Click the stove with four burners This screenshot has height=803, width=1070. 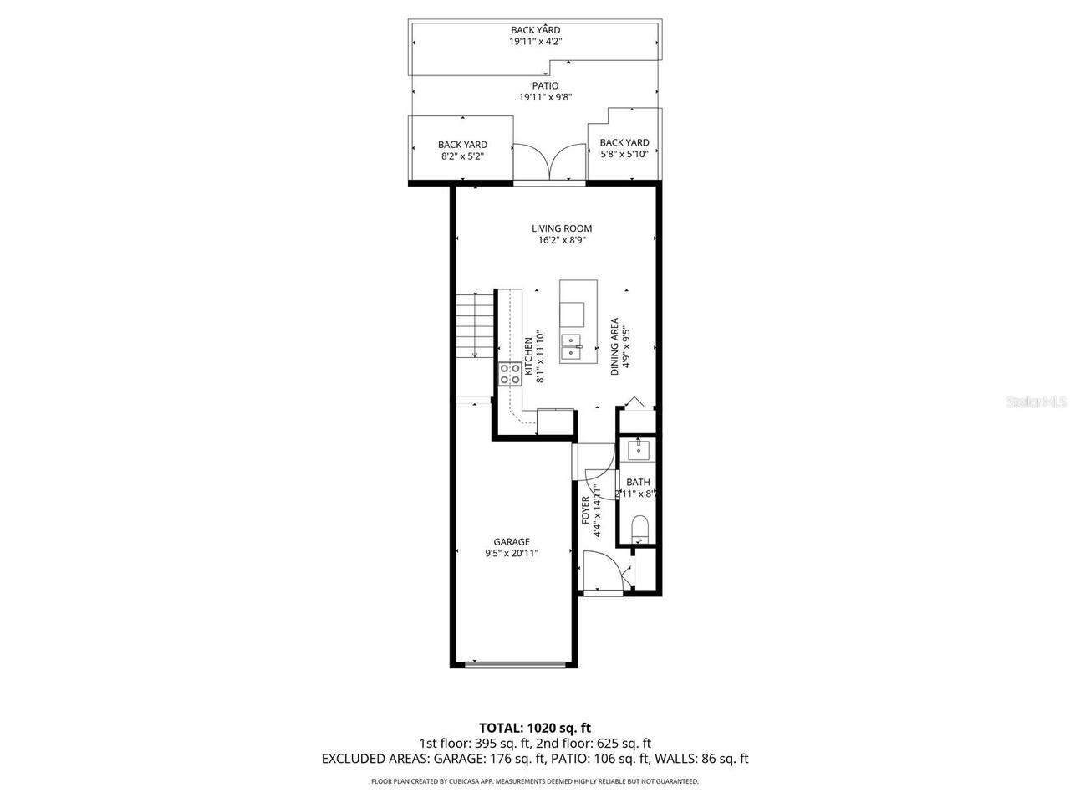pyautogui.click(x=510, y=373)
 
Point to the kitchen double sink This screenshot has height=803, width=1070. pyautogui.click(x=573, y=345)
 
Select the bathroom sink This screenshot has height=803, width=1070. pyautogui.click(x=639, y=450)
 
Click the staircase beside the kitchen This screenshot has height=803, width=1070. pyautogui.click(x=474, y=326)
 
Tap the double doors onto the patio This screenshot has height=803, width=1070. pyautogui.click(x=549, y=161)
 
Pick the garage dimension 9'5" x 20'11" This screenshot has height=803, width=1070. pyautogui.click(x=512, y=553)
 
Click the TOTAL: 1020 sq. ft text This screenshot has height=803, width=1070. pyautogui.click(x=534, y=728)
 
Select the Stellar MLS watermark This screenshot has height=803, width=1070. pyautogui.click(x=1036, y=402)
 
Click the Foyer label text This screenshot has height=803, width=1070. pyautogui.click(x=586, y=510)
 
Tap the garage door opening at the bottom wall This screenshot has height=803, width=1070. pyautogui.click(x=513, y=666)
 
